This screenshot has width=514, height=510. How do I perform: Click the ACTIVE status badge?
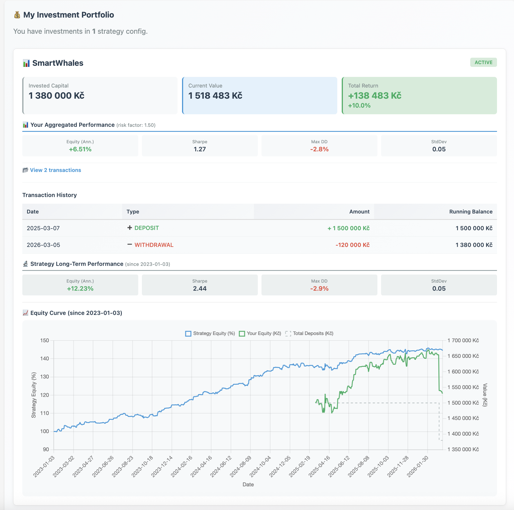pos(483,62)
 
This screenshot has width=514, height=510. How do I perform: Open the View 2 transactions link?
pos(55,170)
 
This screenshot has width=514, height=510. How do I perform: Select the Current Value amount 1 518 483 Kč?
pos(215,96)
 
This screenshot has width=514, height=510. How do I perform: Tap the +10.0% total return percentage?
pos(359,106)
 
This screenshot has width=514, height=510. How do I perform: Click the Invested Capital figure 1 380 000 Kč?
pos(56,96)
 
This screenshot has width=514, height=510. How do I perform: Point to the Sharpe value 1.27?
pos(200,149)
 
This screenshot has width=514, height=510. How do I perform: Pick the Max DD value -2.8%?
pos(319,149)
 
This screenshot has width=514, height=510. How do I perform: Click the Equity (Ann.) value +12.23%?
pos(80,289)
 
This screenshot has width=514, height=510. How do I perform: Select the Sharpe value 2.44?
pos(200,289)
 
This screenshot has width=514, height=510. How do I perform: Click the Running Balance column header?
pos(471,212)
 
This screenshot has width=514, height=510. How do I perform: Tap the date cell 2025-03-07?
pos(43,228)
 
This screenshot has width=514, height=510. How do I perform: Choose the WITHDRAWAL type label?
pos(154,245)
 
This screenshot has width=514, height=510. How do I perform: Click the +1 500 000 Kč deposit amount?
pos(348,228)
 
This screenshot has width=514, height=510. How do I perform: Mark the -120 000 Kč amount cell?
pos(352,245)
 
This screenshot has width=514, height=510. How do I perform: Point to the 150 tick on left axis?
pos(45,341)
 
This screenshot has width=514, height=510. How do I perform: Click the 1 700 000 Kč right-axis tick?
pos(463,341)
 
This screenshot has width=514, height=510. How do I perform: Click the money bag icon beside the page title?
pos(17,15)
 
